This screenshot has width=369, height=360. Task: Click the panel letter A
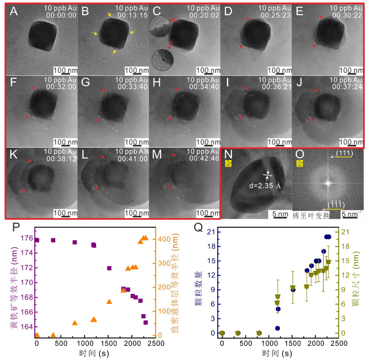tap(14, 11)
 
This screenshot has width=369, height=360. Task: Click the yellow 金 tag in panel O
tap(299, 163)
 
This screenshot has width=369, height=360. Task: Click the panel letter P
tap(16, 228)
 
